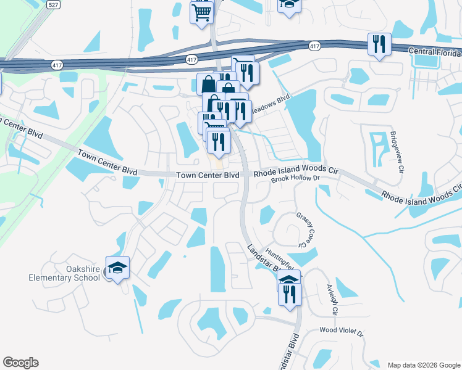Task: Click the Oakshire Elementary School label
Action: (x=65, y=273)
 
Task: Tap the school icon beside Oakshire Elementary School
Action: (x=117, y=268)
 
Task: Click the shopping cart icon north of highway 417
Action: (x=201, y=12)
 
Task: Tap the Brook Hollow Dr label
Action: (x=298, y=178)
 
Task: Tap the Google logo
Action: (x=21, y=363)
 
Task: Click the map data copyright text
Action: (x=424, y=364)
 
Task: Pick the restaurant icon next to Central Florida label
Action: (x=379, y=44)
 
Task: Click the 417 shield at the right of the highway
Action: (x=315, y=46)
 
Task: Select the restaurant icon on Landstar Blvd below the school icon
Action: (x=289, y=294)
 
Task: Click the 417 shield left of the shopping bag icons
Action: (x=191, y=59)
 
